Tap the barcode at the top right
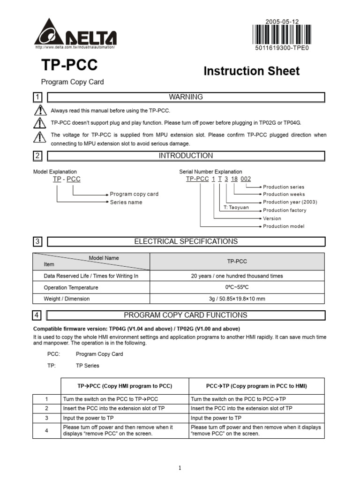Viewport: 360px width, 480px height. point(281,35)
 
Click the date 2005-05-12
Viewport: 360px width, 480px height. point(281,22)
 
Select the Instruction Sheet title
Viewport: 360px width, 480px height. point(251,71)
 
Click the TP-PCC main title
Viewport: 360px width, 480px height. point(69,65)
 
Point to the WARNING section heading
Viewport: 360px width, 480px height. point(186,97)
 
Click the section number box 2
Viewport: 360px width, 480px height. point(37,156)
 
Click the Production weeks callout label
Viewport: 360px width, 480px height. point(284,194)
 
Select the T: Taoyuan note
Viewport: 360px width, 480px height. point(236,207)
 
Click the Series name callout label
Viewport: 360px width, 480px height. point(126,202)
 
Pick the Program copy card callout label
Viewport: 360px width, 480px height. point(134,194)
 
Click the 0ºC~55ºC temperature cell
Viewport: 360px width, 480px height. point(237,287)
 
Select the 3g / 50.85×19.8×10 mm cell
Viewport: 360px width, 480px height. point(237,299)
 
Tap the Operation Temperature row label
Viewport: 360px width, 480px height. point(71,287)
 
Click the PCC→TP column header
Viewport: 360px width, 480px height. point(256,386)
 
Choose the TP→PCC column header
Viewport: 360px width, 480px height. point(125,386)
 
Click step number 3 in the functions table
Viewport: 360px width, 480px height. point(46,418)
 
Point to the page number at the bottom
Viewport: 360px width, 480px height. point(180,467)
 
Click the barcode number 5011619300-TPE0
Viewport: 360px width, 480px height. point(282,48)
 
